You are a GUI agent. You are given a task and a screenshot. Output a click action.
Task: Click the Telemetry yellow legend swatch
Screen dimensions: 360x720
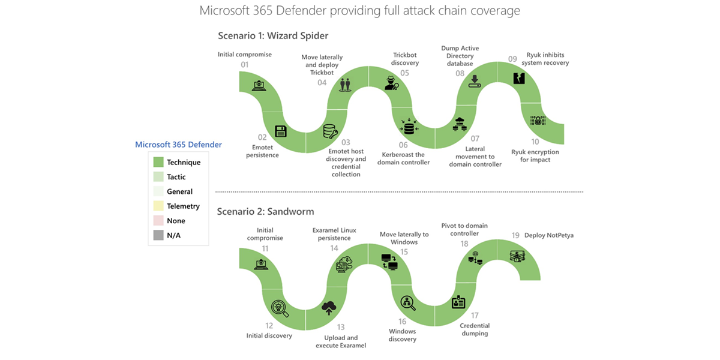click(x=158, y=206)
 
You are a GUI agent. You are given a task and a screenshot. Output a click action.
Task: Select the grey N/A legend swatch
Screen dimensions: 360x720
click(x=158, y=236)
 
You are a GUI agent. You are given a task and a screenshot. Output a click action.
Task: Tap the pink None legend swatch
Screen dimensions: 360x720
click(x=158, y=221)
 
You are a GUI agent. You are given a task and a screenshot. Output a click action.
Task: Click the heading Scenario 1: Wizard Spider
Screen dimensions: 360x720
click(x=273, y=35)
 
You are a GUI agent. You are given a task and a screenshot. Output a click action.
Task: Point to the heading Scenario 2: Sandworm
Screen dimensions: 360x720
click(x=266, y=211)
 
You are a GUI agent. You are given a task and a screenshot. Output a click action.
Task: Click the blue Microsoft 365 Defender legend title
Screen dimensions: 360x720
click(x=178, y=145)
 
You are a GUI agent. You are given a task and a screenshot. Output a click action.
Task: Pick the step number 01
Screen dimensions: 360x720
click(x=244, y=64)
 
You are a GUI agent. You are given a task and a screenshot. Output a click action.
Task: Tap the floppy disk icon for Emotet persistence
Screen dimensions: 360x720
click(x=280, y=131)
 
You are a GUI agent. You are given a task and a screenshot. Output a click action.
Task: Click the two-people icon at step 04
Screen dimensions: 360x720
click(x=344, y=84)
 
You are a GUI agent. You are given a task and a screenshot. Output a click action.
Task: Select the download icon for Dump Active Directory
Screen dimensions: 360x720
click(x=475, y=80)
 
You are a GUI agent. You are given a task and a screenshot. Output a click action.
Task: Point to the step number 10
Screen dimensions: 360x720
click(x=535, y=142)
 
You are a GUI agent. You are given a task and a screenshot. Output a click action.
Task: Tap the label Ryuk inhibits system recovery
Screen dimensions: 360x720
click(x=545, y=59)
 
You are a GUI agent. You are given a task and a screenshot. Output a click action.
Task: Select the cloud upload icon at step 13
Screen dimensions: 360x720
click(x=329, y=308)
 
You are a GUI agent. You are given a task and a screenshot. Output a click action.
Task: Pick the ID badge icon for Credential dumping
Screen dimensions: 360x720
click(x=458, y=302)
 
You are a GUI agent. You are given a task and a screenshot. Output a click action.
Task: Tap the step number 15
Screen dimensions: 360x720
click(x=404, y=252)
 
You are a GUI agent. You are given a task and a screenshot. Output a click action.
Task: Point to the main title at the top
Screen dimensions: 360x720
click(x=359, y=11)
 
